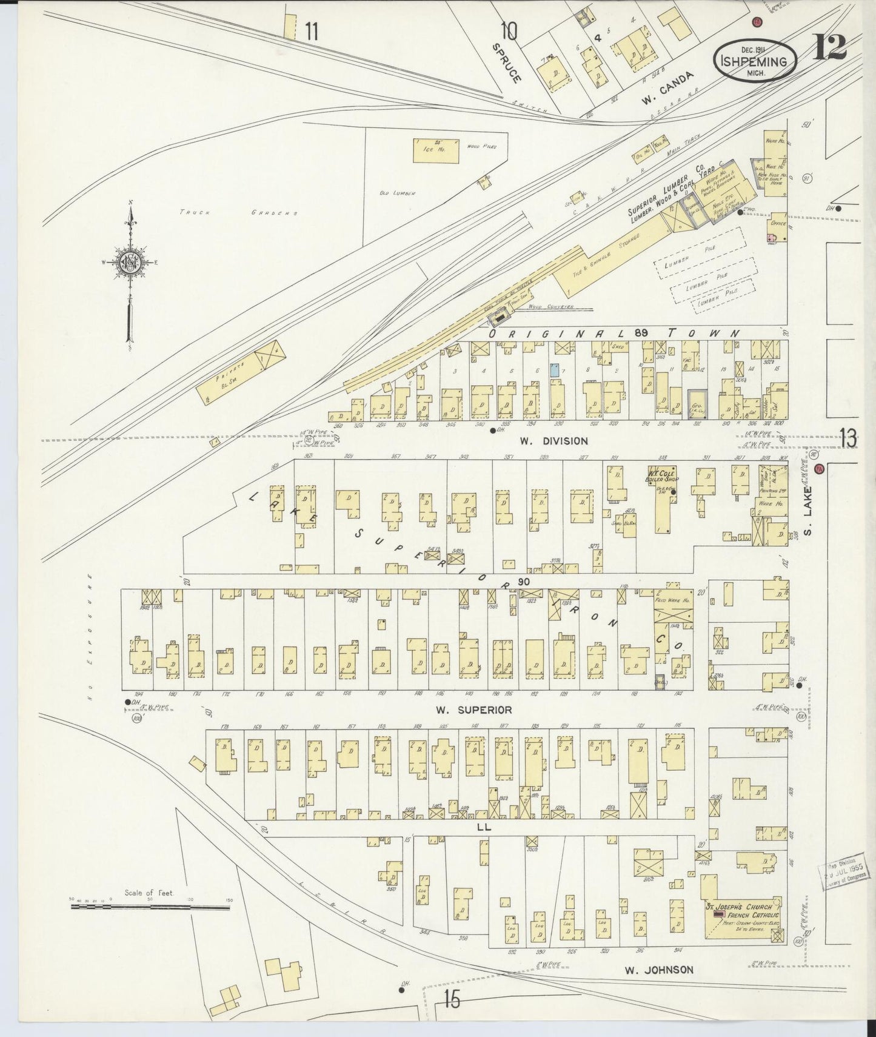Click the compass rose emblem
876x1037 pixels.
click(131, 262)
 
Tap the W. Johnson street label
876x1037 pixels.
click(659, 970)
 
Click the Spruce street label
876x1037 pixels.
click(507, 62)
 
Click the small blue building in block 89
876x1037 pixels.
click(555, 369)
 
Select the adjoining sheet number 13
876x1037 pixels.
click(848, 437)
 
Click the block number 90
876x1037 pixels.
click(524, 582)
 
